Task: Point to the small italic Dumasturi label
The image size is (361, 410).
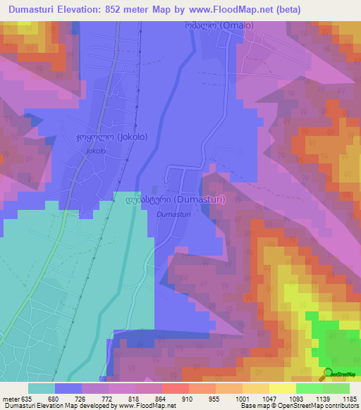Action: coord(173,213)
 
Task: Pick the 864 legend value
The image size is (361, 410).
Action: coord(161,398)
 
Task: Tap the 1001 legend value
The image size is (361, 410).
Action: coord(242,398)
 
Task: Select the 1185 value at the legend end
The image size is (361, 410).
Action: coord(348,398)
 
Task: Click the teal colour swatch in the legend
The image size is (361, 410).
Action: coord(42,388)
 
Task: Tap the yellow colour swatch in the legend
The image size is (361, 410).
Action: coord(282,388)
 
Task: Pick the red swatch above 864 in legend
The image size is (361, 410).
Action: coord(175,388)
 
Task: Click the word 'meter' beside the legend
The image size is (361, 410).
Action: coord(11,398)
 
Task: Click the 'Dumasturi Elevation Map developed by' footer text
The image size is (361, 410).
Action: coord(49,406)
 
